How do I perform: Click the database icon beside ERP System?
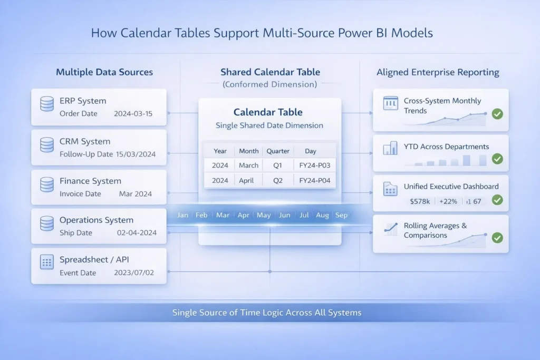[47, 104]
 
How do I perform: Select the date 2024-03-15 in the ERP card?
[133, 113]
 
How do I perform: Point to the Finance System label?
[90, 181]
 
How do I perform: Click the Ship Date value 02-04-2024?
[137, 233]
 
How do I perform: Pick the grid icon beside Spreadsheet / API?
[47, 262]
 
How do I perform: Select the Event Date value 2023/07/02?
[134, 273]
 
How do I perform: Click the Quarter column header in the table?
[278, 151]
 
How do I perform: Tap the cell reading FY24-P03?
[314, 166]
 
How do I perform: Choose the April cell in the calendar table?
[249, 180]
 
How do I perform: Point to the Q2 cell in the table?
[277, 180]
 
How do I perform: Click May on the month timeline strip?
[264, 215]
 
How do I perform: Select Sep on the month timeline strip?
[341, 215]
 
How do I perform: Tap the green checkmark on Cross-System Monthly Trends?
[496, 113]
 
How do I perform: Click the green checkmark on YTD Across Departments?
[496, 159]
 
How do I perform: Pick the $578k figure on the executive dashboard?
[420, 201]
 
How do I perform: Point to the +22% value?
[448, 201]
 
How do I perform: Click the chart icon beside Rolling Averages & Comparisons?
[391, 228]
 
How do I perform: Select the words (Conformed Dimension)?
[269, 84]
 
